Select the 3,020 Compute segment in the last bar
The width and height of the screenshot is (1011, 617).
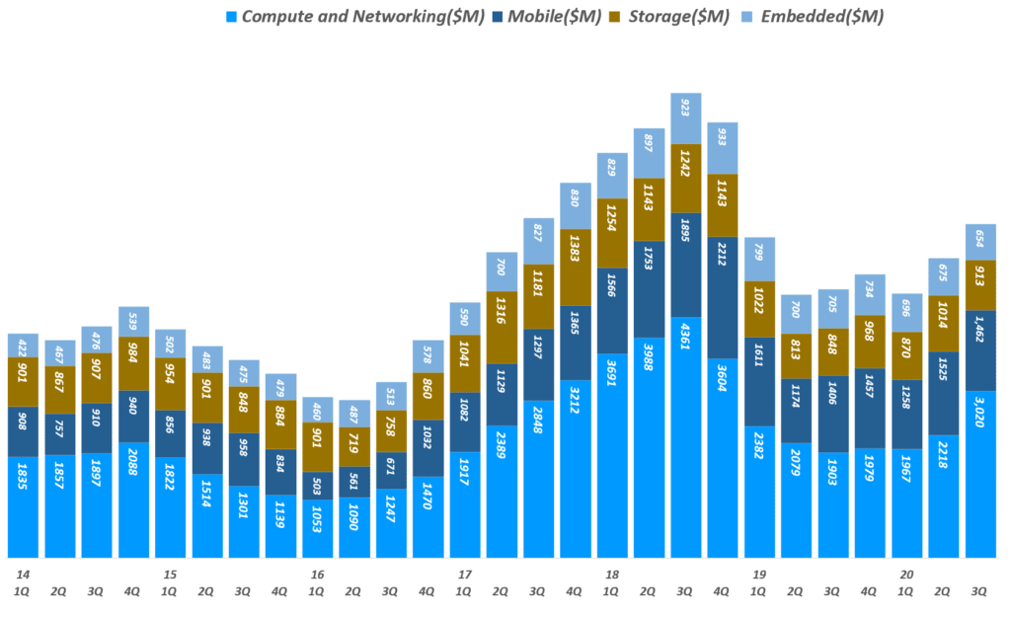(x=980, y=474)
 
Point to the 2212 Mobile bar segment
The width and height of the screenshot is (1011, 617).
(x=723, y=311)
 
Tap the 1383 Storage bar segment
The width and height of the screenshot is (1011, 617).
(x=575, y=267)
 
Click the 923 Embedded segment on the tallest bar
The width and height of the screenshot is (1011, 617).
(x=686, y=118)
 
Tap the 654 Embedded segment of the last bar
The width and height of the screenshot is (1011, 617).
(x=980, y=242)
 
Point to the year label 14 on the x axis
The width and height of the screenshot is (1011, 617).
(x=21, y=575)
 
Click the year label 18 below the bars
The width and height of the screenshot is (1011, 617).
(x=612, y=575)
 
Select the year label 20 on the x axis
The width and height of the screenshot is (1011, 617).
(x=906, y=575)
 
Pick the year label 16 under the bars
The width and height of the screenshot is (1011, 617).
(x=317, y=575)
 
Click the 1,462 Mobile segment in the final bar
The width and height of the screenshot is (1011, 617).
(x=980, y=350)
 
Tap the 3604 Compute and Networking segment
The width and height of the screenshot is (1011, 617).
(x=723, y=458)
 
